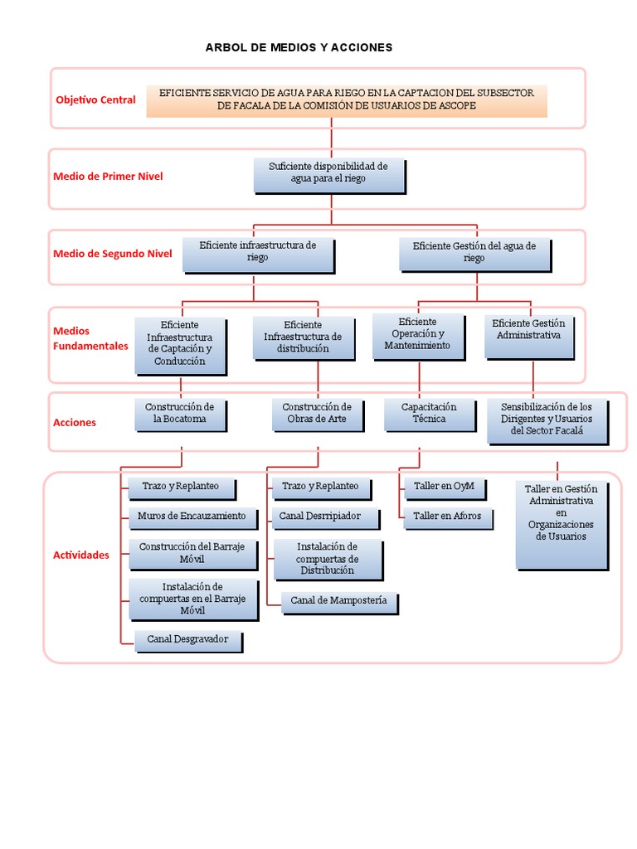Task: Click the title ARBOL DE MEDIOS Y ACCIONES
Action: click(299, 47)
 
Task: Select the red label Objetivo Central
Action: click(96, 99)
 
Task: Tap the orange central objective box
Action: click(347, 101)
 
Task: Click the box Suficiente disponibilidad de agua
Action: click(329, 176)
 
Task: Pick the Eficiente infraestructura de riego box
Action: click(259, 255)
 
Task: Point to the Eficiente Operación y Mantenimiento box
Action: click(419, 337)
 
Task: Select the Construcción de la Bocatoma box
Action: click(180, 415)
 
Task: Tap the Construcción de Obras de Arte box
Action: click(318, 415)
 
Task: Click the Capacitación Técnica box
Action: click(430, 415)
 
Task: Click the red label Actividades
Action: click(80, 555)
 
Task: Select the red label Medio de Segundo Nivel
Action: click(113, 254)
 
